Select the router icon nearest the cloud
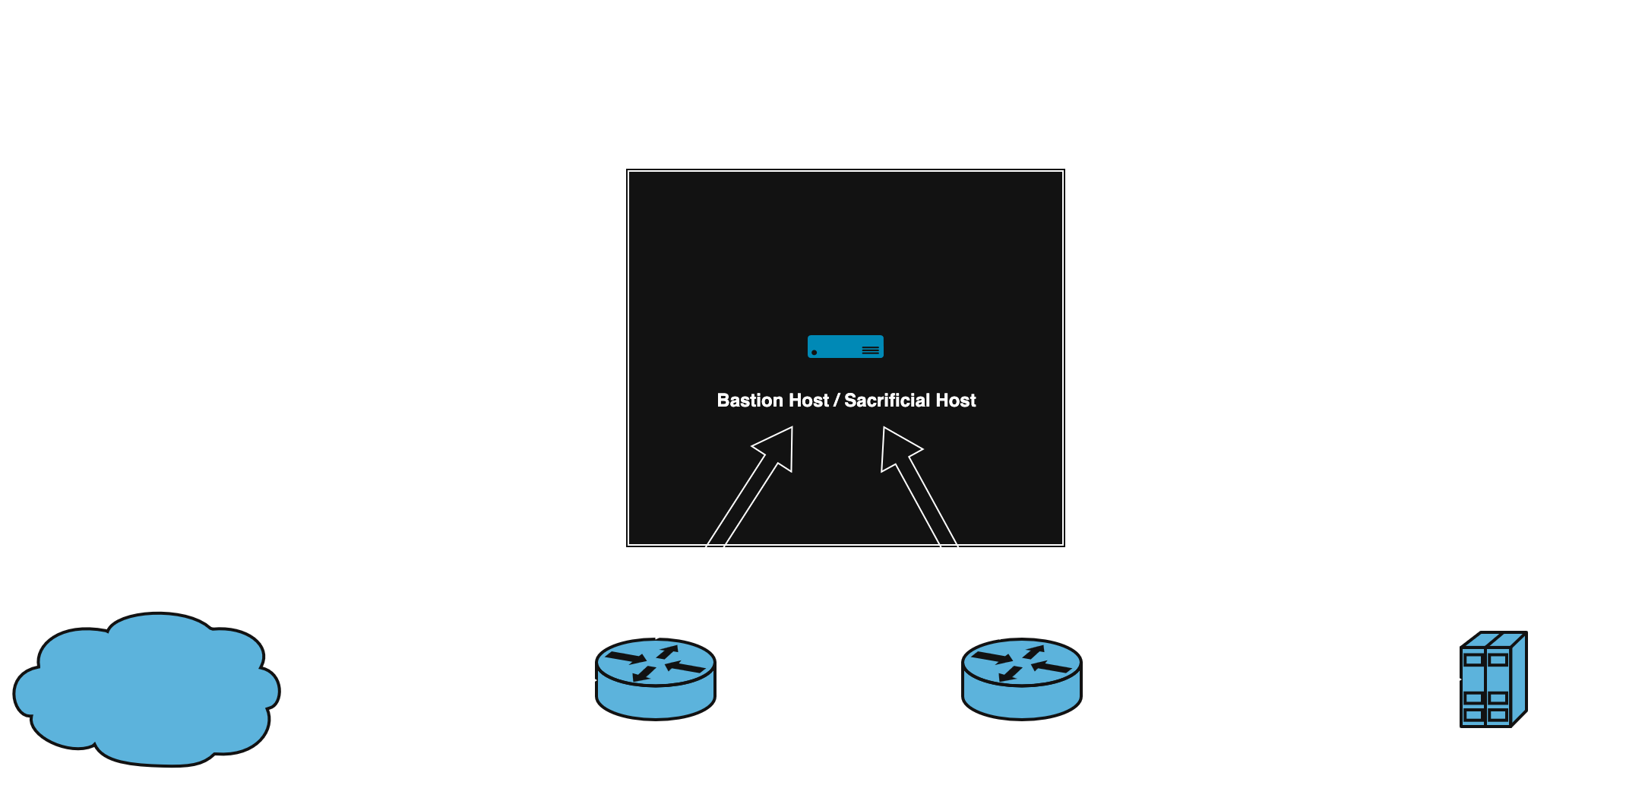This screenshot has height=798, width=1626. tap(656, 679)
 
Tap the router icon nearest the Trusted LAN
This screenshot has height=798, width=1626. tap(1022, 679)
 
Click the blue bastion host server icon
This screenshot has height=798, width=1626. tap(845, 347)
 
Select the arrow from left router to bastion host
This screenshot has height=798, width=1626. tap(724, 532)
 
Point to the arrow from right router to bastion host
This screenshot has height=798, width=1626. tap(941, 532)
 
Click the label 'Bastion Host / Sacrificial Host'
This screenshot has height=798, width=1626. tap(846, 401)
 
